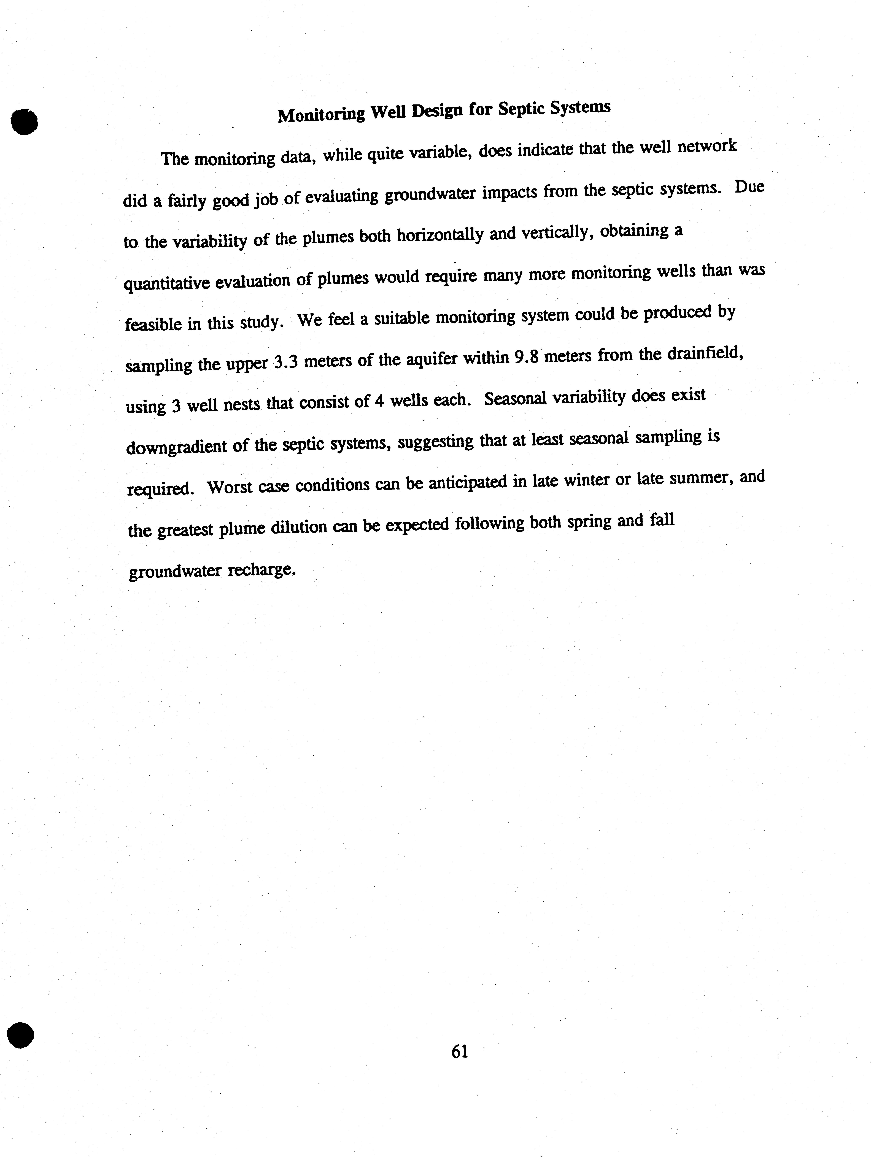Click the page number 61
coord(459,1051)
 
